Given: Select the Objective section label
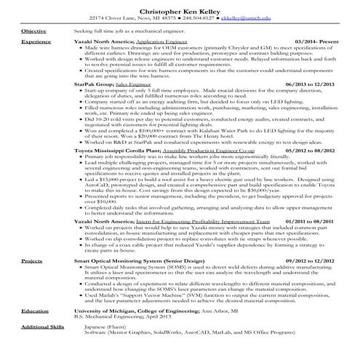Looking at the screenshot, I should [x=33, y=31].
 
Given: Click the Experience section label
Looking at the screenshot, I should [x=36, y=42].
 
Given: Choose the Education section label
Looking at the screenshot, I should [x=34, y=311].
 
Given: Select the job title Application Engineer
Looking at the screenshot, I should [x=157, y=42].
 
